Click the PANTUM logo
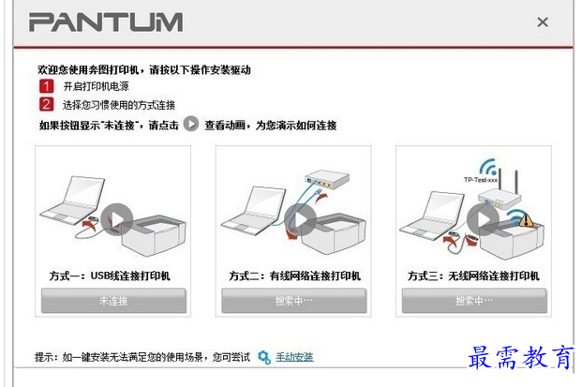pyautogui.click(x=106, y=22)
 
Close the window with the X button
pyautogui.click(x=543, y=22)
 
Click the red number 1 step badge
pyautogui.click(x=47, y=86)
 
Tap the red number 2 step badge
pyautogui.click(x=47, y=104)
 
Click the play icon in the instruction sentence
pyautogui.click(x=191, y=124)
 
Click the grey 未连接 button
pyautogui.click(x=113, y=301)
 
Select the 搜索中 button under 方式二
pyautogui.click(x=294, y=301)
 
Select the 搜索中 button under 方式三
pyautogui.click(x=474, y=301)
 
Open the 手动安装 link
pyautogui.click(x=294, y=357)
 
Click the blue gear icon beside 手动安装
pyautogui.click(x=264, y=357)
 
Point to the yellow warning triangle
pyautogui.click(x=526, y=219)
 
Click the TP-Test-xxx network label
pyautogui.click(x=481, y=180)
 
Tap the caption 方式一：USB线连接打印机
pyautogui.click(x=110, y=275)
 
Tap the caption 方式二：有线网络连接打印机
pyautogui.click(x=294, y=275)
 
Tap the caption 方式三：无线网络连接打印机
pyautogui.click(x=473, y=275)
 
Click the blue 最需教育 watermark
pyautogui.click(x=521, y=357)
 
